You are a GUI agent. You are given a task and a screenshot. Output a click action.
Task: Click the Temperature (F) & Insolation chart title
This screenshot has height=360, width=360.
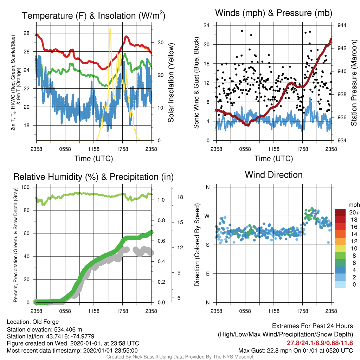click(x=94, y=15)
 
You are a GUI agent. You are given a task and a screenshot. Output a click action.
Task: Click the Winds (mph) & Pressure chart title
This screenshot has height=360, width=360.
click(x=274, y=13)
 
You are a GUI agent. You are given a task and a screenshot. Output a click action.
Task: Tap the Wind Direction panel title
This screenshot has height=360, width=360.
click(x=274, y=175)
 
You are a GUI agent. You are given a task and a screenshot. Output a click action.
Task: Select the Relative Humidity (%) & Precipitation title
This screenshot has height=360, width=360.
click(x=94, y=177)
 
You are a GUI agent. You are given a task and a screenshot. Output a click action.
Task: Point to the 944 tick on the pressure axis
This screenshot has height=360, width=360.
click(x=342, y=25)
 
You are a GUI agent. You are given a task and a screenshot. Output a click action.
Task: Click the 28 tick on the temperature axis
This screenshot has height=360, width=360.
click(x=27, y=33)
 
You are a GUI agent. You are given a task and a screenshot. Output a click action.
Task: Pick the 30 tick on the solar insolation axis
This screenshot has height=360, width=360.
click(x=160, y=43)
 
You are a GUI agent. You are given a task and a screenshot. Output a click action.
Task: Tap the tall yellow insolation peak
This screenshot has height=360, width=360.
click(x=110, y=29)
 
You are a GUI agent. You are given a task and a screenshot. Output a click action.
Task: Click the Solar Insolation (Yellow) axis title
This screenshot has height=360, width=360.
click(x=171, y=83)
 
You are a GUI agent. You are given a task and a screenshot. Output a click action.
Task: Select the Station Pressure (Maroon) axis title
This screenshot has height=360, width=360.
click(x=354, y=83)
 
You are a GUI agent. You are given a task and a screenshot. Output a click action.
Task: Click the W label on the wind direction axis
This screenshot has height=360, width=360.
click(x=207, y=216)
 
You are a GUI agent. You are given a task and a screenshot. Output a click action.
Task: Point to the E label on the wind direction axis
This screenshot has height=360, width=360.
click(x=208, y=274)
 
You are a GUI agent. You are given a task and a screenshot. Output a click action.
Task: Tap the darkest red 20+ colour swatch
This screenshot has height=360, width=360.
click(x=340, y=212)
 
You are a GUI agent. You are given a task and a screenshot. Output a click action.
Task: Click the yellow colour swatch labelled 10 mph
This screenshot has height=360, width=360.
click(x=340, y=249)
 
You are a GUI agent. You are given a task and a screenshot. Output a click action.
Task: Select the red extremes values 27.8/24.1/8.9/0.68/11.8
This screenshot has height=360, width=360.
click(x=320, y=343)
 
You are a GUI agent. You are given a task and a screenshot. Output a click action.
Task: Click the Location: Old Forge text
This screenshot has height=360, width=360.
click(x=33, y=322)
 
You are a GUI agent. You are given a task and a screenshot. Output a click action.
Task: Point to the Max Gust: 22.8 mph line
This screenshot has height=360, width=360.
click(x=296, y=351)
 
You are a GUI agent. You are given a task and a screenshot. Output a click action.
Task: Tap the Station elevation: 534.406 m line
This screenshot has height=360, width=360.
click(x=45, y=329)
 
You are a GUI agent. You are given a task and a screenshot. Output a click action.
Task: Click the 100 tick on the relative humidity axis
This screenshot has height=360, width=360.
click(x=25, y=187)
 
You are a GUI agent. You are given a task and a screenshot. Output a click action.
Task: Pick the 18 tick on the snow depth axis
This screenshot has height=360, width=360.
click(x=180, y=197)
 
